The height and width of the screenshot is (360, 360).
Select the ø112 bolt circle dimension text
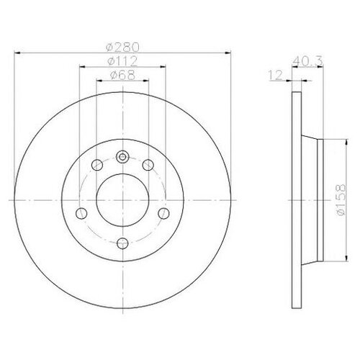(x=121, y=61)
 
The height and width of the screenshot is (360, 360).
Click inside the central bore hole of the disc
(x=122, y=199)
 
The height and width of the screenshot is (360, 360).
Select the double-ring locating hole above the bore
(x=122, y=156)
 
